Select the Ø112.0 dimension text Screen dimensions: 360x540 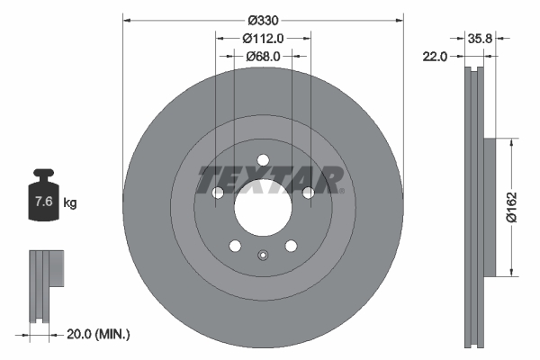pos(263,38)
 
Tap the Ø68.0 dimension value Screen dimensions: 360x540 pos(263,56)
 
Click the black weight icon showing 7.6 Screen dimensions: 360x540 pos(44,201)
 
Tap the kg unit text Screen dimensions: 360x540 pos(70,203)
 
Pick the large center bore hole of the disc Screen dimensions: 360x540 pos(263,211)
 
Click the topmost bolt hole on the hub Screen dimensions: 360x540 pos(263,161)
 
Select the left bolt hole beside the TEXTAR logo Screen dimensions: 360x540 pos(218,193)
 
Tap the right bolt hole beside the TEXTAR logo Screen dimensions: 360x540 pos(308,193)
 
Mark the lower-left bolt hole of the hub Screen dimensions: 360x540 pos(235,246)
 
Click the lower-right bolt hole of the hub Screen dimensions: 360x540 pos(291,246)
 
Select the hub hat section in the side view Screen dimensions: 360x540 pos(491,208)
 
